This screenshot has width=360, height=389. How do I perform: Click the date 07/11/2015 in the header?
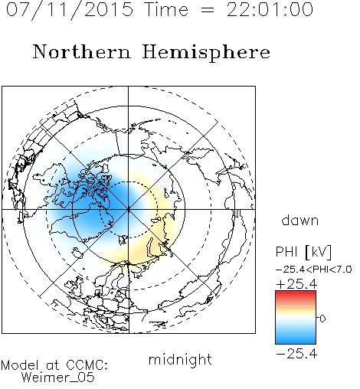click(x=70, y=10)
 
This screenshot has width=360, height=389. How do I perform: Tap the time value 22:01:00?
click(x=270, y=9)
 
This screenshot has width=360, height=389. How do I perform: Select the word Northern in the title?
click(x=82, y=51)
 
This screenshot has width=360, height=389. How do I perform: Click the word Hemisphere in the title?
click(x=206, y=53)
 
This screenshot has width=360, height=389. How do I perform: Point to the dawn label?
click(x=300, y=220)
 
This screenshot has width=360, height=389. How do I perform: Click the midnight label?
click(x=180, y=360)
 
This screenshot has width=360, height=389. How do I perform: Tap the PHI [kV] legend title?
click(x=303, y=252)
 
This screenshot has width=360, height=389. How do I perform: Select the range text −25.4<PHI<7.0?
click(x=314, y=270)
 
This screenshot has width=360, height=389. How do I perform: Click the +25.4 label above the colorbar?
click(x=296, y=284)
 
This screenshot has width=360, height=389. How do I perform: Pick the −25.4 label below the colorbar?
click(x=296, y=354)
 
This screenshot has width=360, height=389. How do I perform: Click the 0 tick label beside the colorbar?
click(x=322, y=319)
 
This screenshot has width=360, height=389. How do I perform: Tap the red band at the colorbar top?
click(x=296, y=294)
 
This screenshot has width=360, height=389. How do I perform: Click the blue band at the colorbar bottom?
click(x=296, y=340)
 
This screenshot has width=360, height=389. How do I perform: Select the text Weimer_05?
click(x=58, y=378)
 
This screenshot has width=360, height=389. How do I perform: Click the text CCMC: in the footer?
click(x=87, y=365)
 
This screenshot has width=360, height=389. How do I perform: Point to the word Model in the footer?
click(x=20, y=365)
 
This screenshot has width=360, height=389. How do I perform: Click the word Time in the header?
click(x=166, y=9)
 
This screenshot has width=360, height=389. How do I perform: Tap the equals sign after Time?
click(x=208, y=10)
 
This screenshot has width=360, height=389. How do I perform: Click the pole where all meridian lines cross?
click(x=129, y=210)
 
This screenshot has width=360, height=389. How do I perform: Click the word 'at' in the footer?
click(x=53, y=365)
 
